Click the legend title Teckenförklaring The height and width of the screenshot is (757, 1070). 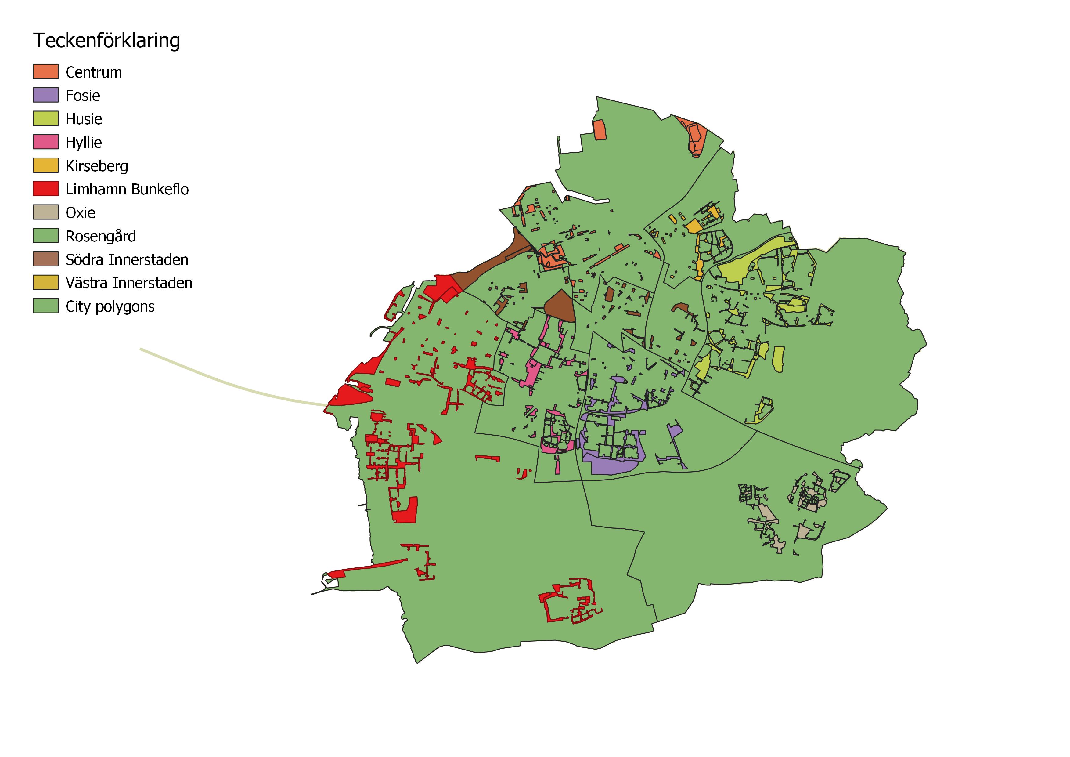tap(106, 41)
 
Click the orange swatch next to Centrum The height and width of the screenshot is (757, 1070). tap(46, 71)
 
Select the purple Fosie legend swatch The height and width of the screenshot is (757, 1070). tap(46, 95)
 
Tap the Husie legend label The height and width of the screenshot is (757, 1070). tap(84, 119)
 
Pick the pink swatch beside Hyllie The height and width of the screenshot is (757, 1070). tap(46, 142)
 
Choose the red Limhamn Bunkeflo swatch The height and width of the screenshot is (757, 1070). tap(46, 189)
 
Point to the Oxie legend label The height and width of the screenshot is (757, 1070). tap(80, 212)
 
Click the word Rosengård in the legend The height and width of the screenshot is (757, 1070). tap(101, 236)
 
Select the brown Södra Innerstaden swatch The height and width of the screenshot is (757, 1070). tap(46, 259)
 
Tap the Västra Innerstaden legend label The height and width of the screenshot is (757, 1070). tap(129, 283)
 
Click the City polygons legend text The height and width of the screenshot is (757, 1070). tap(110, 306)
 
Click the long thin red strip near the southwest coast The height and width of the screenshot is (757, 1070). tap(368, 568)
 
